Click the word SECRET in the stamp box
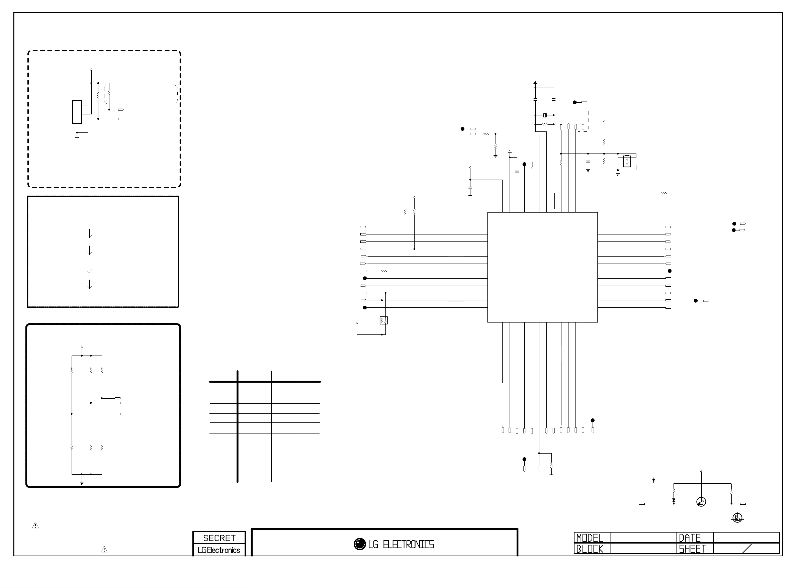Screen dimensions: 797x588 pyautogui.click(x=219, y=538)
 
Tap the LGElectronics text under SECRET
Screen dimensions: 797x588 pyautogui.click(x=219, y=550)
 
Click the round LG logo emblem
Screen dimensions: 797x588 pyautogui.click(x=360, y=544)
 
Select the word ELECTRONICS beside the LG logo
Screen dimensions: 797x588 pyautogui.click(x=408, y=545)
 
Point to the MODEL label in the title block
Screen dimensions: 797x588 pyautogui.click(x=590, y=538)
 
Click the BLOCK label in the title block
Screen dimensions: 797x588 pyautogui.click(x=590, y=549)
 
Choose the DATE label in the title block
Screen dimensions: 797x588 pyautogui.click(x=690, y=538)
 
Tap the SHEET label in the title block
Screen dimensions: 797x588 pyautogui.click(x=692, y=549)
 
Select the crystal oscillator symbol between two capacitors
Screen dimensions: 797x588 pyautogui.click(x=544, y=115)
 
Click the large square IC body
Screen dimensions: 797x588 pyautogui.click(x=542, y=267)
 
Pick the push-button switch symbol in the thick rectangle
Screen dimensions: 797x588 pyautogui.click(x=627, y=161)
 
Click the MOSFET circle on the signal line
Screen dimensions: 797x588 pyautogui.click(x=701, y=502)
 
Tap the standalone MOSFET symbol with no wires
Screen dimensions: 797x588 pyautogui.click(x=737, y=518)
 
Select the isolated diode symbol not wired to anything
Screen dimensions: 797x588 pyautogui.click(x=653, y=481)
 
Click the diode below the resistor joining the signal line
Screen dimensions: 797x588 pyautogui.click(x=674, y=500)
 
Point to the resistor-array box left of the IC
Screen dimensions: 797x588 pyautogui.click(x=383, y=320)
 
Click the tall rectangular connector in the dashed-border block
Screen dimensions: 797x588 pyautogui.click(x=77, y=112)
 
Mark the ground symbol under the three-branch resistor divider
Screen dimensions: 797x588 pyautogui.click(x=82, y=482)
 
